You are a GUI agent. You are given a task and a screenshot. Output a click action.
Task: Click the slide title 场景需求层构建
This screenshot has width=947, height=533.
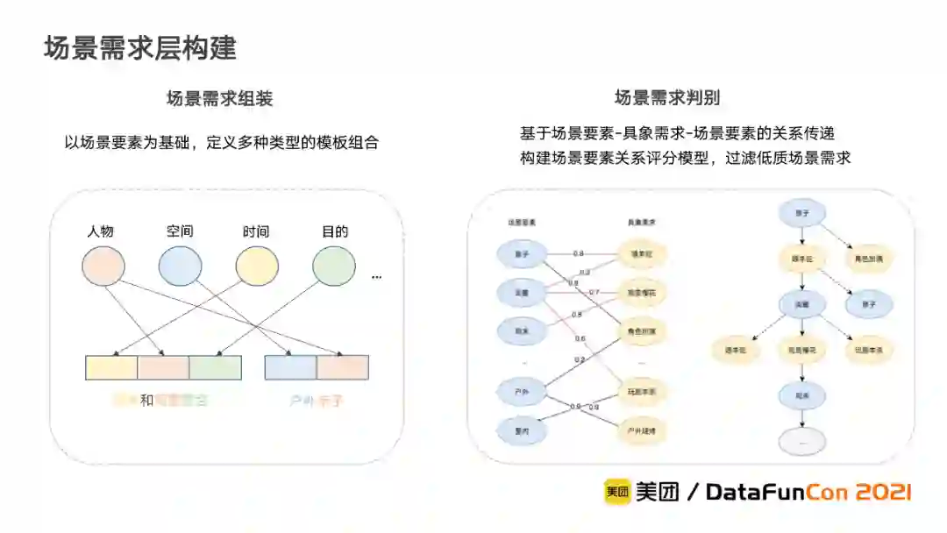point(140,48)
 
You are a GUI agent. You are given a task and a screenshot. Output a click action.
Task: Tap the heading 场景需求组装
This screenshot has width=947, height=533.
point(220,98)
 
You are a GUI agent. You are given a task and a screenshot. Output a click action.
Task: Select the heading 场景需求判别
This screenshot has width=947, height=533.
point(667,98)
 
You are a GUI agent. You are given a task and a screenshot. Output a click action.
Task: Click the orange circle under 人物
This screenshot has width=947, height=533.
point(103,266)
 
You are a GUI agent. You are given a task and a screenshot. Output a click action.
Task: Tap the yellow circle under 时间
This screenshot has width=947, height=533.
point(257,266)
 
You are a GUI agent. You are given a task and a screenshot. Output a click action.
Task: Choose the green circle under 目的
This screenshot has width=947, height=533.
point(334,266)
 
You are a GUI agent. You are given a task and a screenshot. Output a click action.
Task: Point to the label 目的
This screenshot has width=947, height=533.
point(334,231)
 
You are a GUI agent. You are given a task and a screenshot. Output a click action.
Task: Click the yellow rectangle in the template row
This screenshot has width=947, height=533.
point(111,367)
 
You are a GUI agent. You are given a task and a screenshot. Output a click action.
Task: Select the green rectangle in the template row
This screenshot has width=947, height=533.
point(215,367)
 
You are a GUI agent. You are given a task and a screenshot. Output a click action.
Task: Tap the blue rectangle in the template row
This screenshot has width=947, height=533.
point(290,367)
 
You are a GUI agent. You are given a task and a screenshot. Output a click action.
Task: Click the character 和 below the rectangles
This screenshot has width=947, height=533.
point(146,401)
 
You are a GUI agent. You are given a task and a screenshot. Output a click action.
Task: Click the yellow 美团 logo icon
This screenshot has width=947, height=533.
point(616,492)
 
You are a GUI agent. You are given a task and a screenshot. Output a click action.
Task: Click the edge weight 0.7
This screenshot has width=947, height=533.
point(595,292)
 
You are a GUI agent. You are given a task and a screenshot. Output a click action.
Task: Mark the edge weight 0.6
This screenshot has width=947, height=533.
point(580,338)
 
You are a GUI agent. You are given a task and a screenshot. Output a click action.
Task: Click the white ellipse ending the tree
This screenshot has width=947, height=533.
point(801,440)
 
